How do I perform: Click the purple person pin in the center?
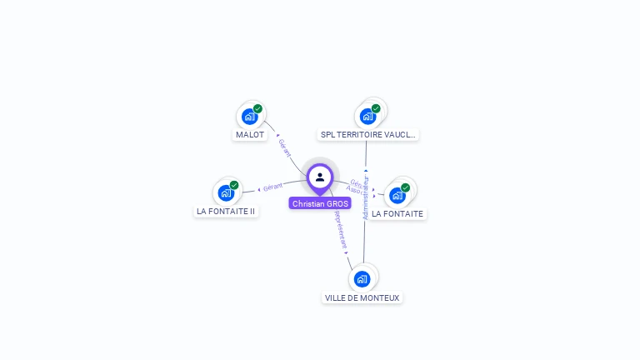[x=320, y=177]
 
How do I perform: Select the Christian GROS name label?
[x=320, y=203]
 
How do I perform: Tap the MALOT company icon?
[x=248, y=117]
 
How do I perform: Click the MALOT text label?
[x=250, y=135]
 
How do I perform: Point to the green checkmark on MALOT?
[x=257, y=108]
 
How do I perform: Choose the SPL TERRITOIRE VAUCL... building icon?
[x=367, y=117]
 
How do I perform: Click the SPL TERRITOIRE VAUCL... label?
[x=368, y=135]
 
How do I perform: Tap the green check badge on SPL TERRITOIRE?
[x=376, y=108]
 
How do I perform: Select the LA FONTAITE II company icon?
[x=225, y=193]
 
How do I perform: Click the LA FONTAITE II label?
[x=226, y=212]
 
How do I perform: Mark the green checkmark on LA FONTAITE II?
[x=234, y=185]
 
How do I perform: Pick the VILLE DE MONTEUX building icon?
[x=361, y=279]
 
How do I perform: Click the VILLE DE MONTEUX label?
[x=362, y=297]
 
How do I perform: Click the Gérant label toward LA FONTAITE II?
[x=272, y=186]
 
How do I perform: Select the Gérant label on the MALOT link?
[x=284, y=147]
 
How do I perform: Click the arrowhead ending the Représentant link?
[x=347, y=252]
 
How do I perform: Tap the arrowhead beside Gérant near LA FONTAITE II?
[x=258, y=189]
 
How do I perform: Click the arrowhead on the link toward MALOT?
[x=277, y=134]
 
